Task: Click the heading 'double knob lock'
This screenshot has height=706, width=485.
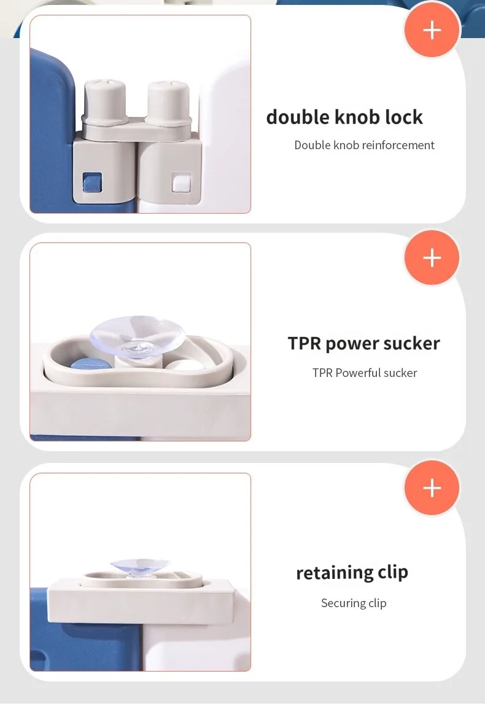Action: [x=344, y=117]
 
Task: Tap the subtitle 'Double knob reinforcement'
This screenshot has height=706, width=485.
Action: [x=364, y=145]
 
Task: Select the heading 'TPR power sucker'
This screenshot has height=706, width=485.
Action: [x=364, y=344]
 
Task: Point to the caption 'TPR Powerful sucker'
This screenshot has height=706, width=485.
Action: [x=365, y=373]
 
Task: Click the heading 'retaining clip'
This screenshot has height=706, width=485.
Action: [x=352, y=573]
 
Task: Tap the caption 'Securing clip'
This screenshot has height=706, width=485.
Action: [x=354, y=603]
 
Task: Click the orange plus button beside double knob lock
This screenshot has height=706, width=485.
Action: [x=432, y=30]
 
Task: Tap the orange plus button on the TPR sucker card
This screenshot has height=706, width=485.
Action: [x=432, y=258]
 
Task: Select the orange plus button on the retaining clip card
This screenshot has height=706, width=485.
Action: [x=432, y=487]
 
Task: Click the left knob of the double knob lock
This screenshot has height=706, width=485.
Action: [x=105, y=101]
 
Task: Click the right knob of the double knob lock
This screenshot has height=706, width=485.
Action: [x=168, y=102]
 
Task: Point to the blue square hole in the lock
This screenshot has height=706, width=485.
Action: [x=92, y=182]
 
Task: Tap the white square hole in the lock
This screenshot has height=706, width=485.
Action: [x=182, y=183]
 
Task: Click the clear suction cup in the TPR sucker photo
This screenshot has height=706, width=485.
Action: [x=138, y=336]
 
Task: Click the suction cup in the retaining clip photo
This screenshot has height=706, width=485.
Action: [x=139, y=567]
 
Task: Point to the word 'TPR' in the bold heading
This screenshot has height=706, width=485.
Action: [x=305, y=343]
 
